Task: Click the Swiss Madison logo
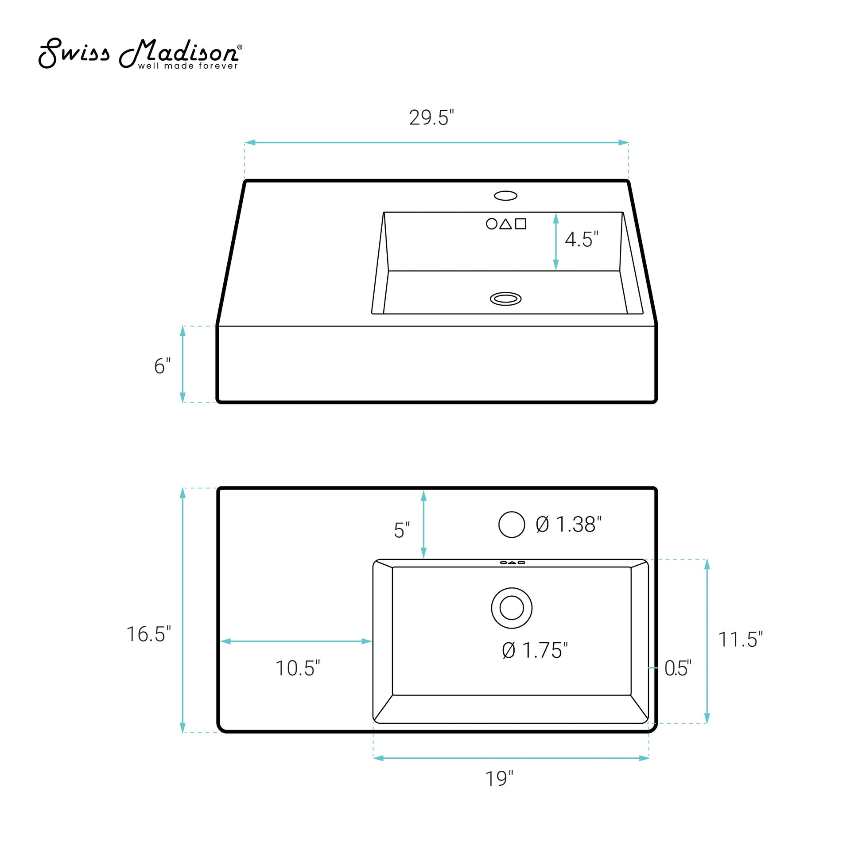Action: [140, 53]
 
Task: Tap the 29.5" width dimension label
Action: [431, 117]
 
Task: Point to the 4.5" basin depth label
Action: [581, 239]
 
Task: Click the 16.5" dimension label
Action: [148, 634]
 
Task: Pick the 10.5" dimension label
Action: [298, 668]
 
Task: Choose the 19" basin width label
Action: [499, 779]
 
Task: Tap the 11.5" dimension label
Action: [740, 639]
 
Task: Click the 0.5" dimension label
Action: [678, 668]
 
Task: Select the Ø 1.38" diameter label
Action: [568, 524]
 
